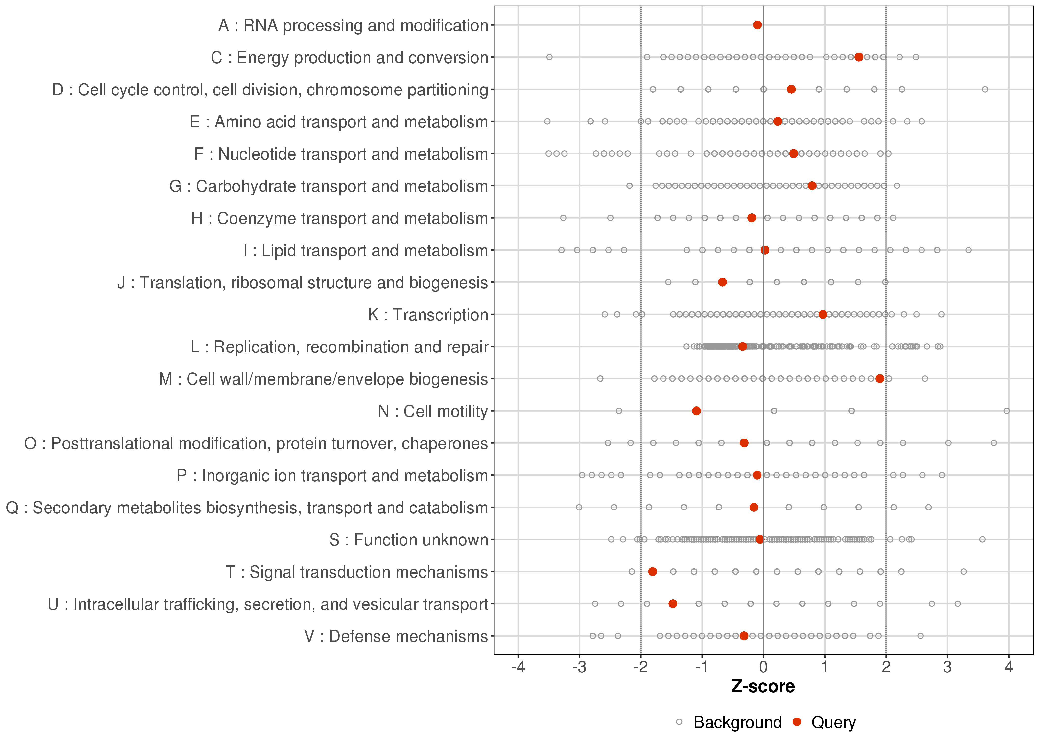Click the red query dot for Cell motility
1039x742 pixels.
coord(696,411)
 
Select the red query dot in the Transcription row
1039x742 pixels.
coord(823,314)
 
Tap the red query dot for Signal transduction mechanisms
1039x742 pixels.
coord(652,572)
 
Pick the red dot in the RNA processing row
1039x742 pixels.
coord(757,25)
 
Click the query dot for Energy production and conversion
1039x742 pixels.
coord(858,57)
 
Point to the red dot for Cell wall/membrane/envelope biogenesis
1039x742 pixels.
coord(879,379)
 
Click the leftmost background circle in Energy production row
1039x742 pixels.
coord(549,57)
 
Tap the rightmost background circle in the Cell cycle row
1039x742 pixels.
coord(985,89)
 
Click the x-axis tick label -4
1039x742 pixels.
coord(518,668)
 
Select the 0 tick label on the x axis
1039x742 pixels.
coord(763,668)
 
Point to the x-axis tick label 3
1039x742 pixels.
coord(947,668)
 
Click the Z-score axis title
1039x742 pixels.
coord(763,687)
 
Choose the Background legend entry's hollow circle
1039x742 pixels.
coord(679,722)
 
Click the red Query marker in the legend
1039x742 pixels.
coord(797,722)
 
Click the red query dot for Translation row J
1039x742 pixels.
coord(722,282)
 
